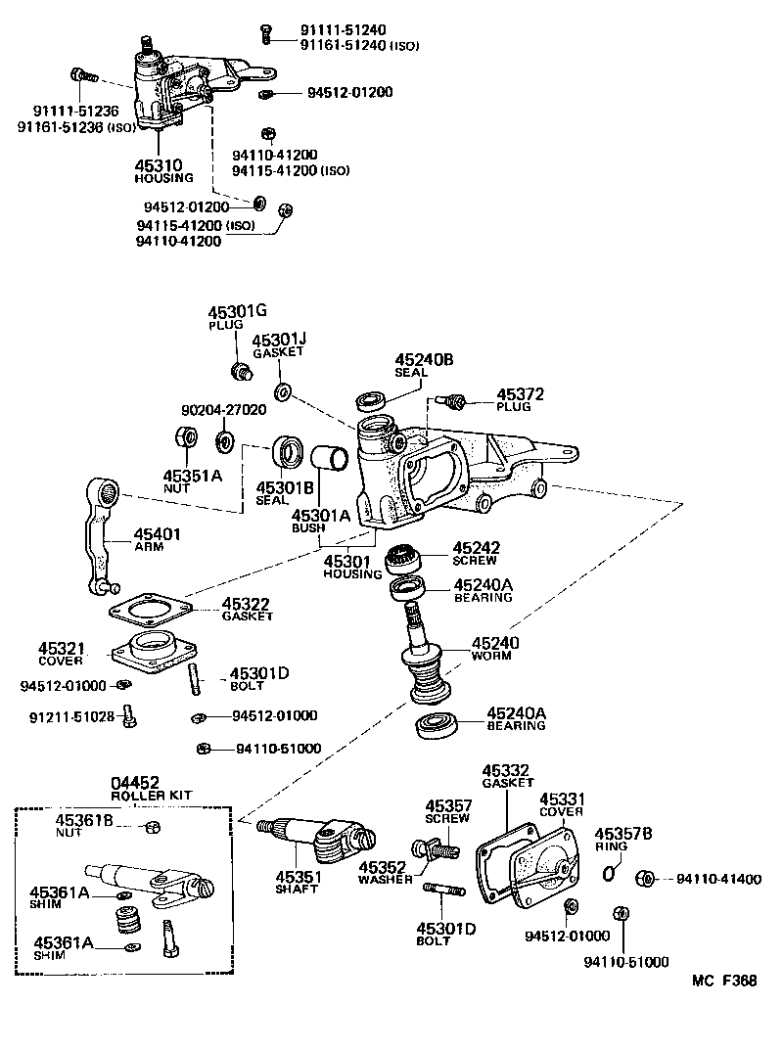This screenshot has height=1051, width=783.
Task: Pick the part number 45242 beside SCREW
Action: (476, 548)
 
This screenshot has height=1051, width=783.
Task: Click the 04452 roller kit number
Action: (134, 782)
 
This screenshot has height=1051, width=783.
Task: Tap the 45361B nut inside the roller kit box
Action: (152, 829)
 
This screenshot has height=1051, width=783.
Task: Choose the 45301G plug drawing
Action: (238, 371)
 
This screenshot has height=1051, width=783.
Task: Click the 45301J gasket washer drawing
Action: (282, 392)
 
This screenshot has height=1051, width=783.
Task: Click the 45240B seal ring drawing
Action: (370, 400)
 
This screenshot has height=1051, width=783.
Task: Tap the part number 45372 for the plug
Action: (520, 394)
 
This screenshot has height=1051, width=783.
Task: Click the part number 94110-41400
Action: (718, 879)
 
